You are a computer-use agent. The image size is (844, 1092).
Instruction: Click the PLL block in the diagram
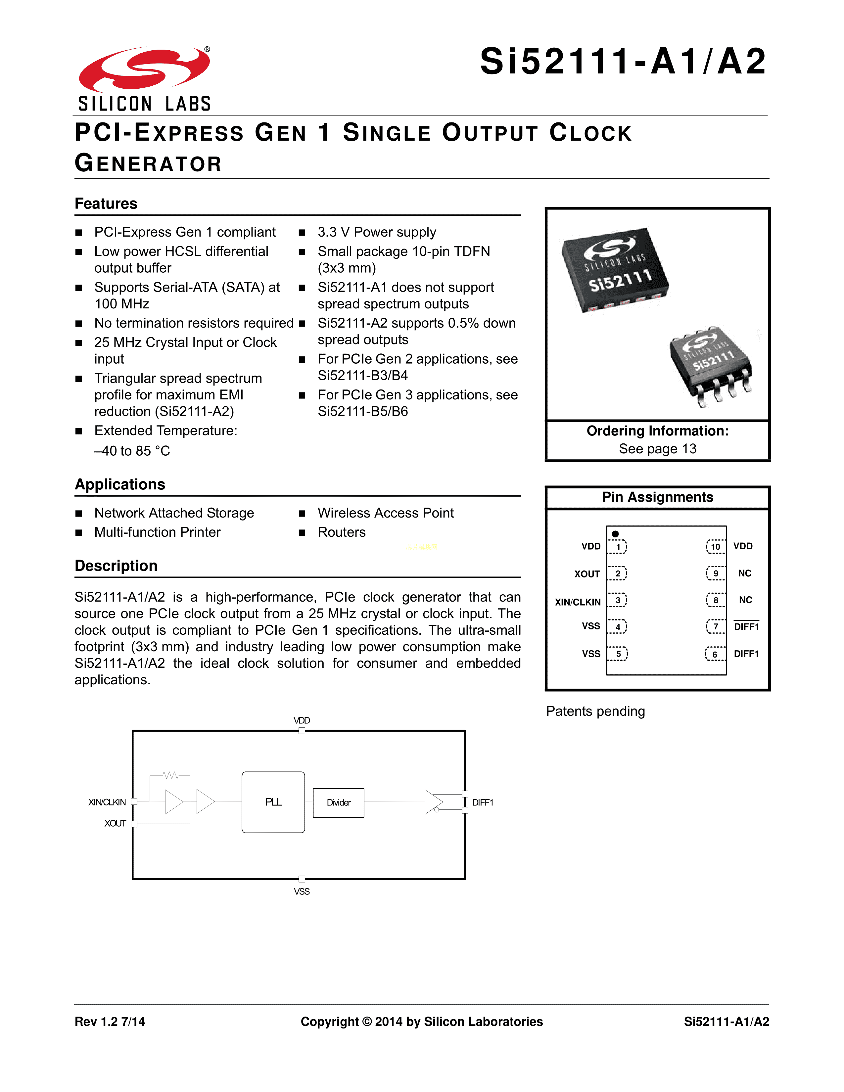pyautogui.click(x=273, y=802)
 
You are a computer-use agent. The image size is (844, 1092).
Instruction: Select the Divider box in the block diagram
pyautogui.click(x=339, y=802)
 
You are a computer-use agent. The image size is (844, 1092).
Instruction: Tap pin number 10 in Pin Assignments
pyautogui.click(x=716, y=547)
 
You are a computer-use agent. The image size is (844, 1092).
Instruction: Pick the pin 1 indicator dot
pyautogui.click(x=616, y=534)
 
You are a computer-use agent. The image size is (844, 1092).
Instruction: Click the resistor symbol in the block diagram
pyautogui.click(x=170, y=776)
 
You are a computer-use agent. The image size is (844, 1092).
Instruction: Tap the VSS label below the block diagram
pyautogui.click(x=302, y=891)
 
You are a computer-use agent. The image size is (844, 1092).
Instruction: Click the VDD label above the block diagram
pyautogui.click(x=302, y=720)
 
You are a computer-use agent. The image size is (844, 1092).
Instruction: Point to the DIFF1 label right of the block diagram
pyautogui.click(x=483, y=802)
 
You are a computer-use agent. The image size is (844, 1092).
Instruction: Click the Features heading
pyautogui.click(x=106, y=204)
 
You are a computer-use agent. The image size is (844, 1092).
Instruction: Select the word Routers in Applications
pyautogui.click(x=342, y=532)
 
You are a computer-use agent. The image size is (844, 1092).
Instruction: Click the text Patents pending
pyautogui.click(x=595, y=711)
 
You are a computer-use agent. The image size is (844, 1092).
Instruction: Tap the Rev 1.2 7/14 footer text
pyautogui.click(x=110, y=1022)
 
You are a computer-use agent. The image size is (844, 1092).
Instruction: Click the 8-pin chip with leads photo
pyautogui.click(x=711, y=365)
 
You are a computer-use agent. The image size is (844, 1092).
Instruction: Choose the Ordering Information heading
pyautogui.click(x=658, y=431)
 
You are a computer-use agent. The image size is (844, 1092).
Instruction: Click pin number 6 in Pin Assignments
pyautogui.click(x=715, y=654)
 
